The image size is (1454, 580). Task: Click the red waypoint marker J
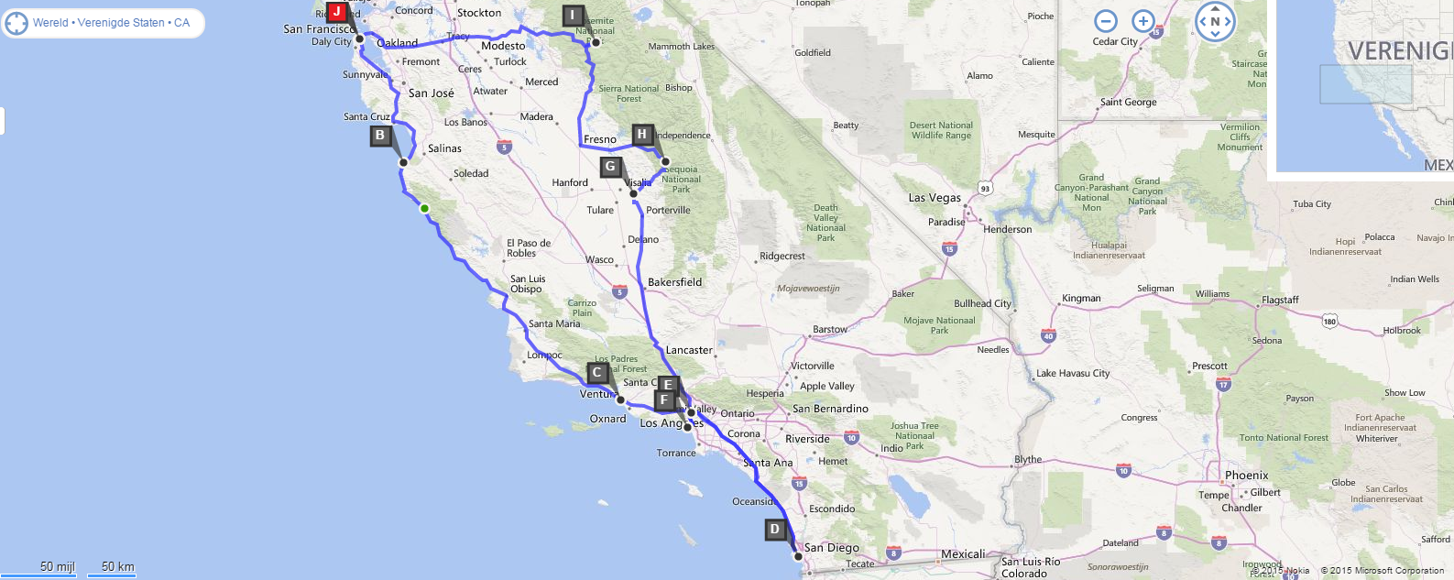(x=337, y=12)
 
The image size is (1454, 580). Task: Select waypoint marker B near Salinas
(x=380, y=136)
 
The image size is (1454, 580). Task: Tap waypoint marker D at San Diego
(x=775, y=529)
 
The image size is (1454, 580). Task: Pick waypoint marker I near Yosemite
(x=573, y=15)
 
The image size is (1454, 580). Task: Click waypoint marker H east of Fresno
(x=642, y=134)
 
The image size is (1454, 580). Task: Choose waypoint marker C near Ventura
(x=597, y=372)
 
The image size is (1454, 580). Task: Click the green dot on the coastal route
(x=424, y=208)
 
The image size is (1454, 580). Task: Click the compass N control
(x=1215, y=22)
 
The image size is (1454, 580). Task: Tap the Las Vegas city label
(x=935, y=197)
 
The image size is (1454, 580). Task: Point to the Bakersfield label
(x=674, y=282)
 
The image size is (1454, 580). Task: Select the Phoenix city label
(x=1247, y=476)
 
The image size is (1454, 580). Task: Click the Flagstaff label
(x=1280, y=300)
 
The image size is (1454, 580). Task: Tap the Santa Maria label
(x=554, y=323)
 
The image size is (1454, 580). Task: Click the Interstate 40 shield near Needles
(x=1048, y=336)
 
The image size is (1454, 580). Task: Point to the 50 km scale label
(x=117, y=566)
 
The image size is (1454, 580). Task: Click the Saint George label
(x=1128, y=103)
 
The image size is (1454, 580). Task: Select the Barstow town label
(x=830, y=329)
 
